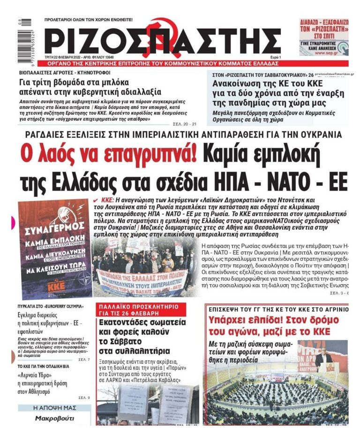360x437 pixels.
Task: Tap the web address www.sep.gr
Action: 329,53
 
